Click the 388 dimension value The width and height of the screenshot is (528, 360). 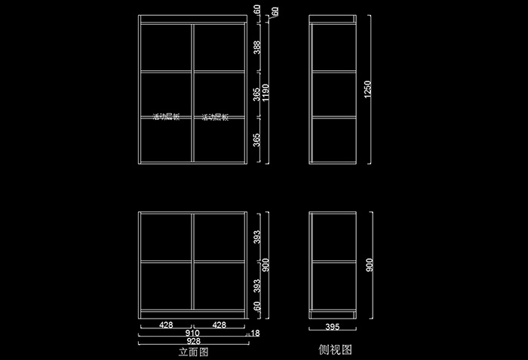(257, 48)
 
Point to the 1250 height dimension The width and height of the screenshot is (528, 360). (367, 88)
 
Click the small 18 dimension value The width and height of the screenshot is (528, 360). (256, 333)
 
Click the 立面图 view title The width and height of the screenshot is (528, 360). (192, 352)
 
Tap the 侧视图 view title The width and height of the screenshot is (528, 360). (336, 349)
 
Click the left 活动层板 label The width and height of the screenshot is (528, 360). (166, 117)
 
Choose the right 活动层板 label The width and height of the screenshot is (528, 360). (215, 117)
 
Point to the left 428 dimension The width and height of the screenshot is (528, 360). (167, 325)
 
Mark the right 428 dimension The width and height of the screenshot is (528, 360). (219, 325)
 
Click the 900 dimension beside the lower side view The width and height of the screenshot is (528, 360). (368, 266)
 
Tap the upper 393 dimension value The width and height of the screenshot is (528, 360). (257, 238)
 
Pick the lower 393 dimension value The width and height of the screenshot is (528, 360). (257, 285)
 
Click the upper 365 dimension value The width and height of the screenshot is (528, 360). (257, 94)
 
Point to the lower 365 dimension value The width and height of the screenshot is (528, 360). (257, 141)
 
